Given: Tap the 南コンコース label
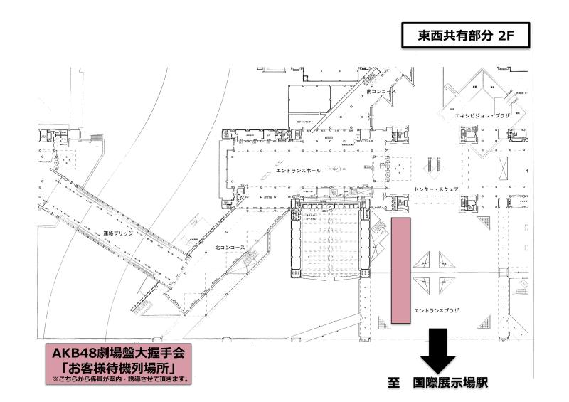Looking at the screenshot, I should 380,92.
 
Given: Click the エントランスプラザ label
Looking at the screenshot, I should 433,310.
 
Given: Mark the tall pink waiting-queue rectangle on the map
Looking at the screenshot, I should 401,272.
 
